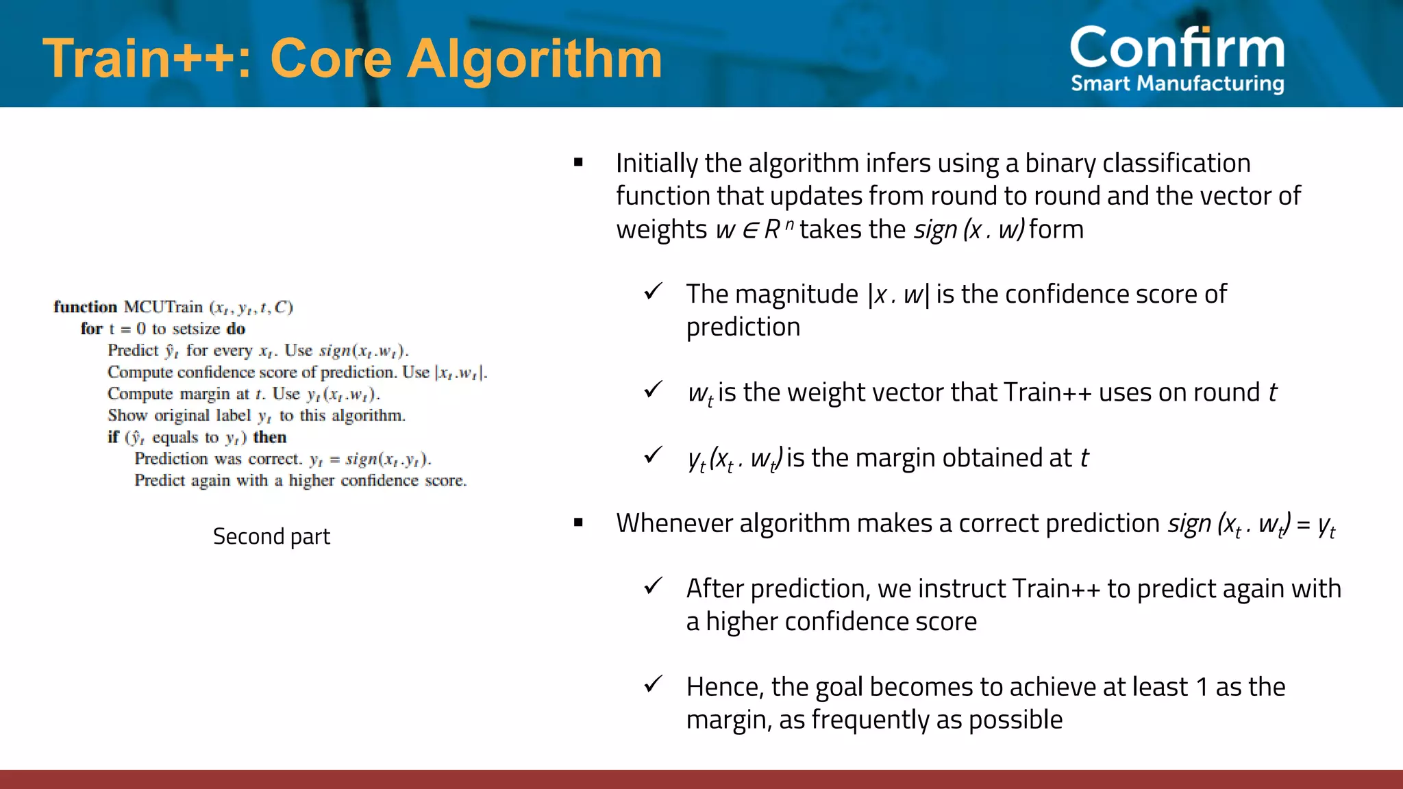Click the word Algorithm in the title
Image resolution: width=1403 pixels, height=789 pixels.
(534, 60)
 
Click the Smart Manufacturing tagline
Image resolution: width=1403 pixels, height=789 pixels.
(1177, 84)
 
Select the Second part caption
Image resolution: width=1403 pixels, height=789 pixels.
(271, 536)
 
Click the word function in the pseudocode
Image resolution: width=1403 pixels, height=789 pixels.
(86, 307)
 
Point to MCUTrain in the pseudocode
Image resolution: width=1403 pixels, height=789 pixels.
(163, 307)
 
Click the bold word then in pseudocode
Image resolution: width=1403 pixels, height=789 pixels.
(270, 437)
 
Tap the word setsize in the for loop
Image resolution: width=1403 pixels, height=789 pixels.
(196, 329)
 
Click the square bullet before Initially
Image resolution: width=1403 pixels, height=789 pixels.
(578, 163)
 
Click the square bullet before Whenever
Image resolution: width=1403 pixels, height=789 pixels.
(578, 523)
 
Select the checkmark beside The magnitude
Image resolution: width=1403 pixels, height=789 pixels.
(653, 292)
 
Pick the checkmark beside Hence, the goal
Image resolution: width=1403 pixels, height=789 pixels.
(653, 684)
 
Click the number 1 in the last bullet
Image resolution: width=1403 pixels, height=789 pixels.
(1202, 687)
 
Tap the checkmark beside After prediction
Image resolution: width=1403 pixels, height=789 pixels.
(653, 586)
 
